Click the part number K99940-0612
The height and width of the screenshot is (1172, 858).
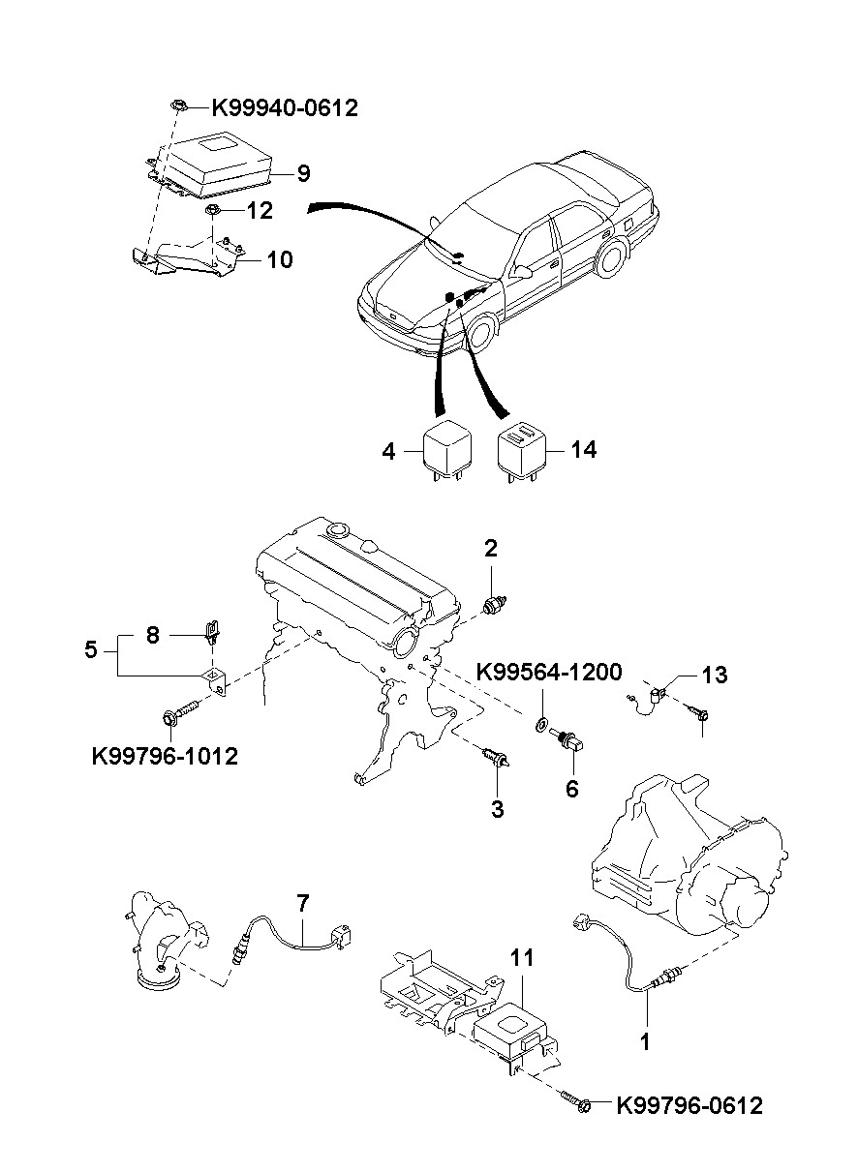tap(285, 108)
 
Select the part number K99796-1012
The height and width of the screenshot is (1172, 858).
tap(165, 756)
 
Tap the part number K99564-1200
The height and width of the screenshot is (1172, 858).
tap(549, 672)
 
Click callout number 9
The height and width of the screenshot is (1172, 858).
tap(304, 173)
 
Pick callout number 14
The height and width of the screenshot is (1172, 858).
tap(584, 449)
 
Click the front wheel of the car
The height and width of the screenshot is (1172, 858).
tap(481, 332)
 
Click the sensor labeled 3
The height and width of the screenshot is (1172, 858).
tap(496, 758)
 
